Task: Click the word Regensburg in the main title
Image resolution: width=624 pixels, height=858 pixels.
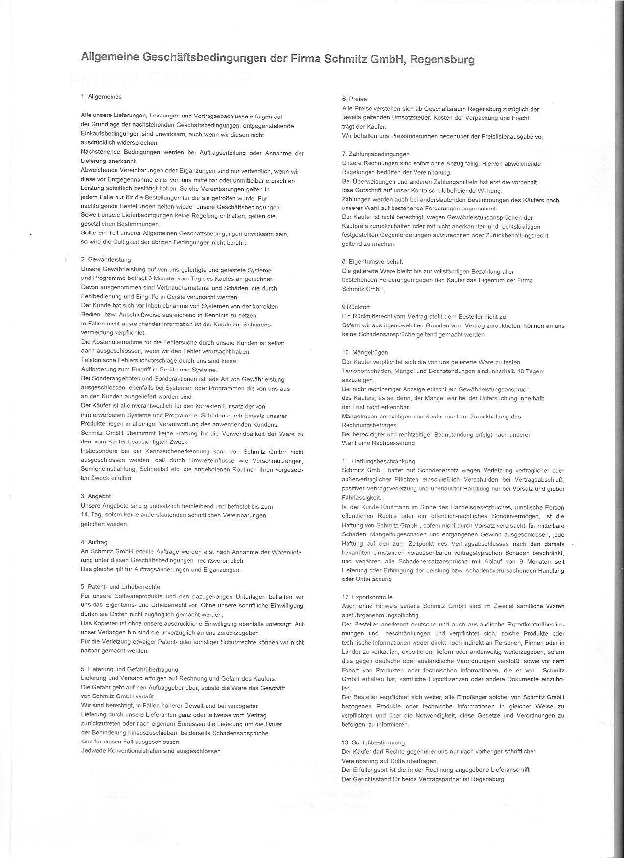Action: pos(442,60)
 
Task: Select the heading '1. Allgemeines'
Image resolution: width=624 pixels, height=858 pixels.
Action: pos(101,97)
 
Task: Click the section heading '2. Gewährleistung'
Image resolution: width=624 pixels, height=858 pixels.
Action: pos(106,260)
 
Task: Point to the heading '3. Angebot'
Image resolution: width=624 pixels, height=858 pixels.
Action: pos(95,496)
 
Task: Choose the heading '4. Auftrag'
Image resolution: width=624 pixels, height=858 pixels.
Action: pos(94,542)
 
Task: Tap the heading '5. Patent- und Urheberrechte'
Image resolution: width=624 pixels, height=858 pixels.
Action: pos(120,587)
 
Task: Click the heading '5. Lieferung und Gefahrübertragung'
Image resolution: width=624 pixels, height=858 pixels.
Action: pos(129,670)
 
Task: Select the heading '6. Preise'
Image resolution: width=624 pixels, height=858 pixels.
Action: pos(354,99)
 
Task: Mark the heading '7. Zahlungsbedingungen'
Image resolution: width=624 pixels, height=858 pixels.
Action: pos(375,154)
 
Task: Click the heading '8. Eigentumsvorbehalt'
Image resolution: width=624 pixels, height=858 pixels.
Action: pos(372,262)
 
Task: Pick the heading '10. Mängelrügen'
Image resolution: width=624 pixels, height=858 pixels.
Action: pos(365,352)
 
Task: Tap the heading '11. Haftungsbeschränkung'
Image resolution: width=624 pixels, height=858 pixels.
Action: pos(378,461)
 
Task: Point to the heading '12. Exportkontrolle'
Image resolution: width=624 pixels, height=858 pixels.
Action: pos(367,597)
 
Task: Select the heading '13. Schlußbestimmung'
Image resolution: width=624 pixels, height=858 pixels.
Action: pos(373,742)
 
